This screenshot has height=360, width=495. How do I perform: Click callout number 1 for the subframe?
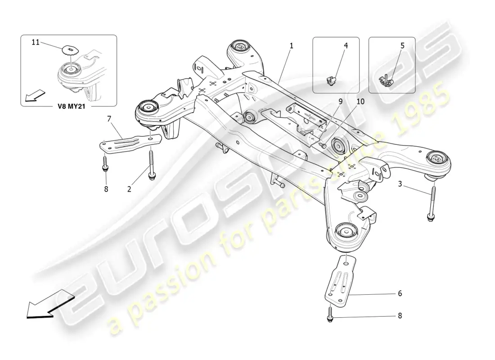[292, 45]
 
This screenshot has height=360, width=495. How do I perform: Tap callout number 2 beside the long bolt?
[129, 189]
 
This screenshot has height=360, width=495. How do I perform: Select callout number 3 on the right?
[400, 184]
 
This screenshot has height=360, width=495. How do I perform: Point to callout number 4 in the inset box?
[346, 45]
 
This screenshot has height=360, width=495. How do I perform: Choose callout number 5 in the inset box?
[402, 45]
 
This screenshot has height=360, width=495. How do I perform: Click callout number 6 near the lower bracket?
[399, 293]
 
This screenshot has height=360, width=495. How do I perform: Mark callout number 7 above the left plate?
[109, 119]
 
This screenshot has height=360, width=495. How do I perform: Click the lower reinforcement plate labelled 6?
[342, 279]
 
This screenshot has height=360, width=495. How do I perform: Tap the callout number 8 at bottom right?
[399, 316]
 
